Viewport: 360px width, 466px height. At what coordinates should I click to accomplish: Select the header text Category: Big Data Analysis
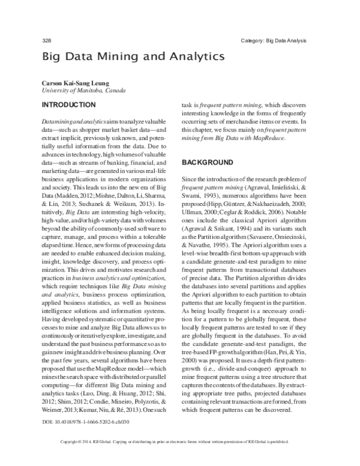274,41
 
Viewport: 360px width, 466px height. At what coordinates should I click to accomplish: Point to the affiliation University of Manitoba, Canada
83,91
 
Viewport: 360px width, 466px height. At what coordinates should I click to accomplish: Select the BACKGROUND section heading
207,163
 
